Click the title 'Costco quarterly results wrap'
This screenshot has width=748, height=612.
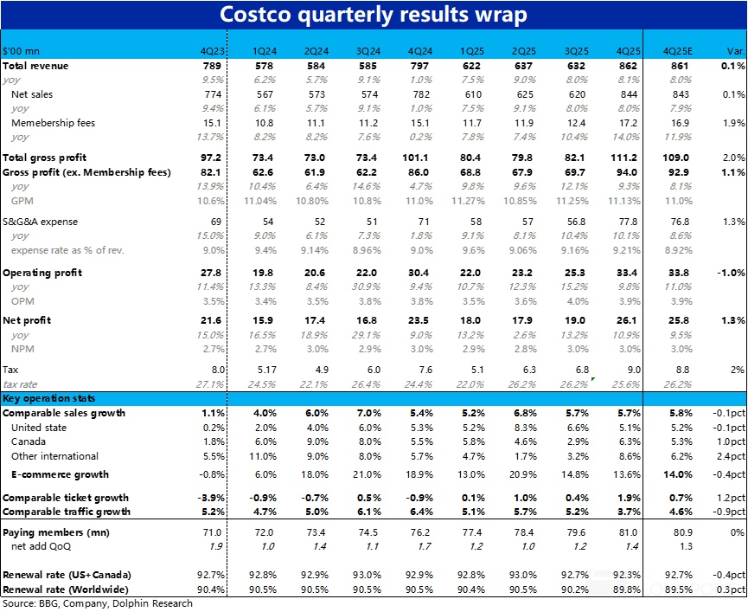(373, 15)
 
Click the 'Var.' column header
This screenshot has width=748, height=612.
(733, 50)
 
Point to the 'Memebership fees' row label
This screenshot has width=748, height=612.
(53, 123)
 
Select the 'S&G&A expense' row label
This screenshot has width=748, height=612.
(40, 222)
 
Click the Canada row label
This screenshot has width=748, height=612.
(29, 441)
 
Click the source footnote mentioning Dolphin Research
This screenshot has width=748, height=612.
(97, 603)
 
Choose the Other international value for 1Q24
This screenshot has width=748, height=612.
(264, 456)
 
